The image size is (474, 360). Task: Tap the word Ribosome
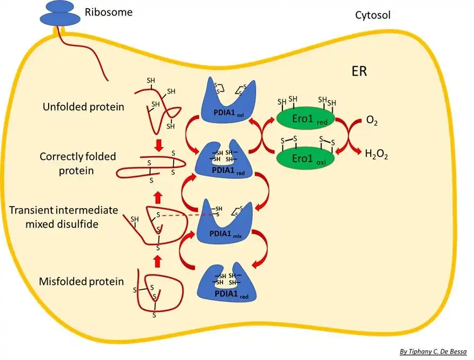click(x=109, y=12)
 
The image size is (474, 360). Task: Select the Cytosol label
click(x=373, y=15)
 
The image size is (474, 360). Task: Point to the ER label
click(x=359, y=71)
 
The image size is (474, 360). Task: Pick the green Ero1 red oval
click(x=306, y=118)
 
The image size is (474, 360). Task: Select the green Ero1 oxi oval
click(x=306, y=158)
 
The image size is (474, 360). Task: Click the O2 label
click(x=372, y=121)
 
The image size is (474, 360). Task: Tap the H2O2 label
click(x=377, y=155)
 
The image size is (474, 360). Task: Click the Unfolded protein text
click(x=83, y=107)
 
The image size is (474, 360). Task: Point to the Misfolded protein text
click(x=81, y=282)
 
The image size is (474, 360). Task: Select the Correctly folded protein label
click(x=78, y=163)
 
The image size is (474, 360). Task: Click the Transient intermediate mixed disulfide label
click(x=63, y=217)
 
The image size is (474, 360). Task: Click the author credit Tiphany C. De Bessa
click(x=433, y=351)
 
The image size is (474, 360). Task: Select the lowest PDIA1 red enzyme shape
click(x=227, y=284)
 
